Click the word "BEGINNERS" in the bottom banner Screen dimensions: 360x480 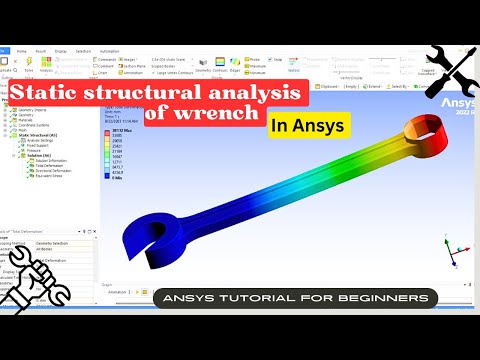click(384, 298)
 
